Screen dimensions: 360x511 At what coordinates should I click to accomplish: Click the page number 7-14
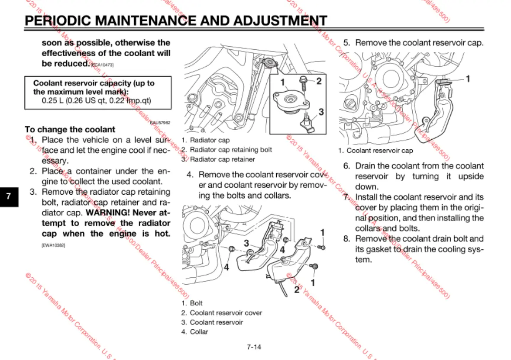coord(254,347)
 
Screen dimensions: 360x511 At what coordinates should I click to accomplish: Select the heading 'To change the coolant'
coord(70,129)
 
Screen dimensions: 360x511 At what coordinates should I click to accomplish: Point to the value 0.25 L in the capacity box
coord(51,101)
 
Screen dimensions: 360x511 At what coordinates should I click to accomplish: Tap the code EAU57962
coord(160,123)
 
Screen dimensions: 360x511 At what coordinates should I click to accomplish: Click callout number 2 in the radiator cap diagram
coord(319,81)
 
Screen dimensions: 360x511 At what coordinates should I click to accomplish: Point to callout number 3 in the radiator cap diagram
coord(321,112)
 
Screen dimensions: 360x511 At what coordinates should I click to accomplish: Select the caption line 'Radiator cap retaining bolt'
coord(231,150)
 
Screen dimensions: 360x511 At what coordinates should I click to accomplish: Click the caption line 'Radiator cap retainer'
coord(222,159)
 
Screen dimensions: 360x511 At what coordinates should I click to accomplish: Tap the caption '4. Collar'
coord(195,332)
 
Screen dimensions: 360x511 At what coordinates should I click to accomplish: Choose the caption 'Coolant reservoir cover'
coord(226,313)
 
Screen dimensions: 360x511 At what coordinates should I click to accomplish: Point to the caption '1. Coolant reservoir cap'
coord(375,151)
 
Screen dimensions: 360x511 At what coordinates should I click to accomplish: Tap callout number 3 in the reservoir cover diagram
coord(246,243)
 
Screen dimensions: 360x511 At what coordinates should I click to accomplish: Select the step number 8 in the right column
coord(346,239)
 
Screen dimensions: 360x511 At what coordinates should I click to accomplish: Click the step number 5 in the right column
coord(346,43)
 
